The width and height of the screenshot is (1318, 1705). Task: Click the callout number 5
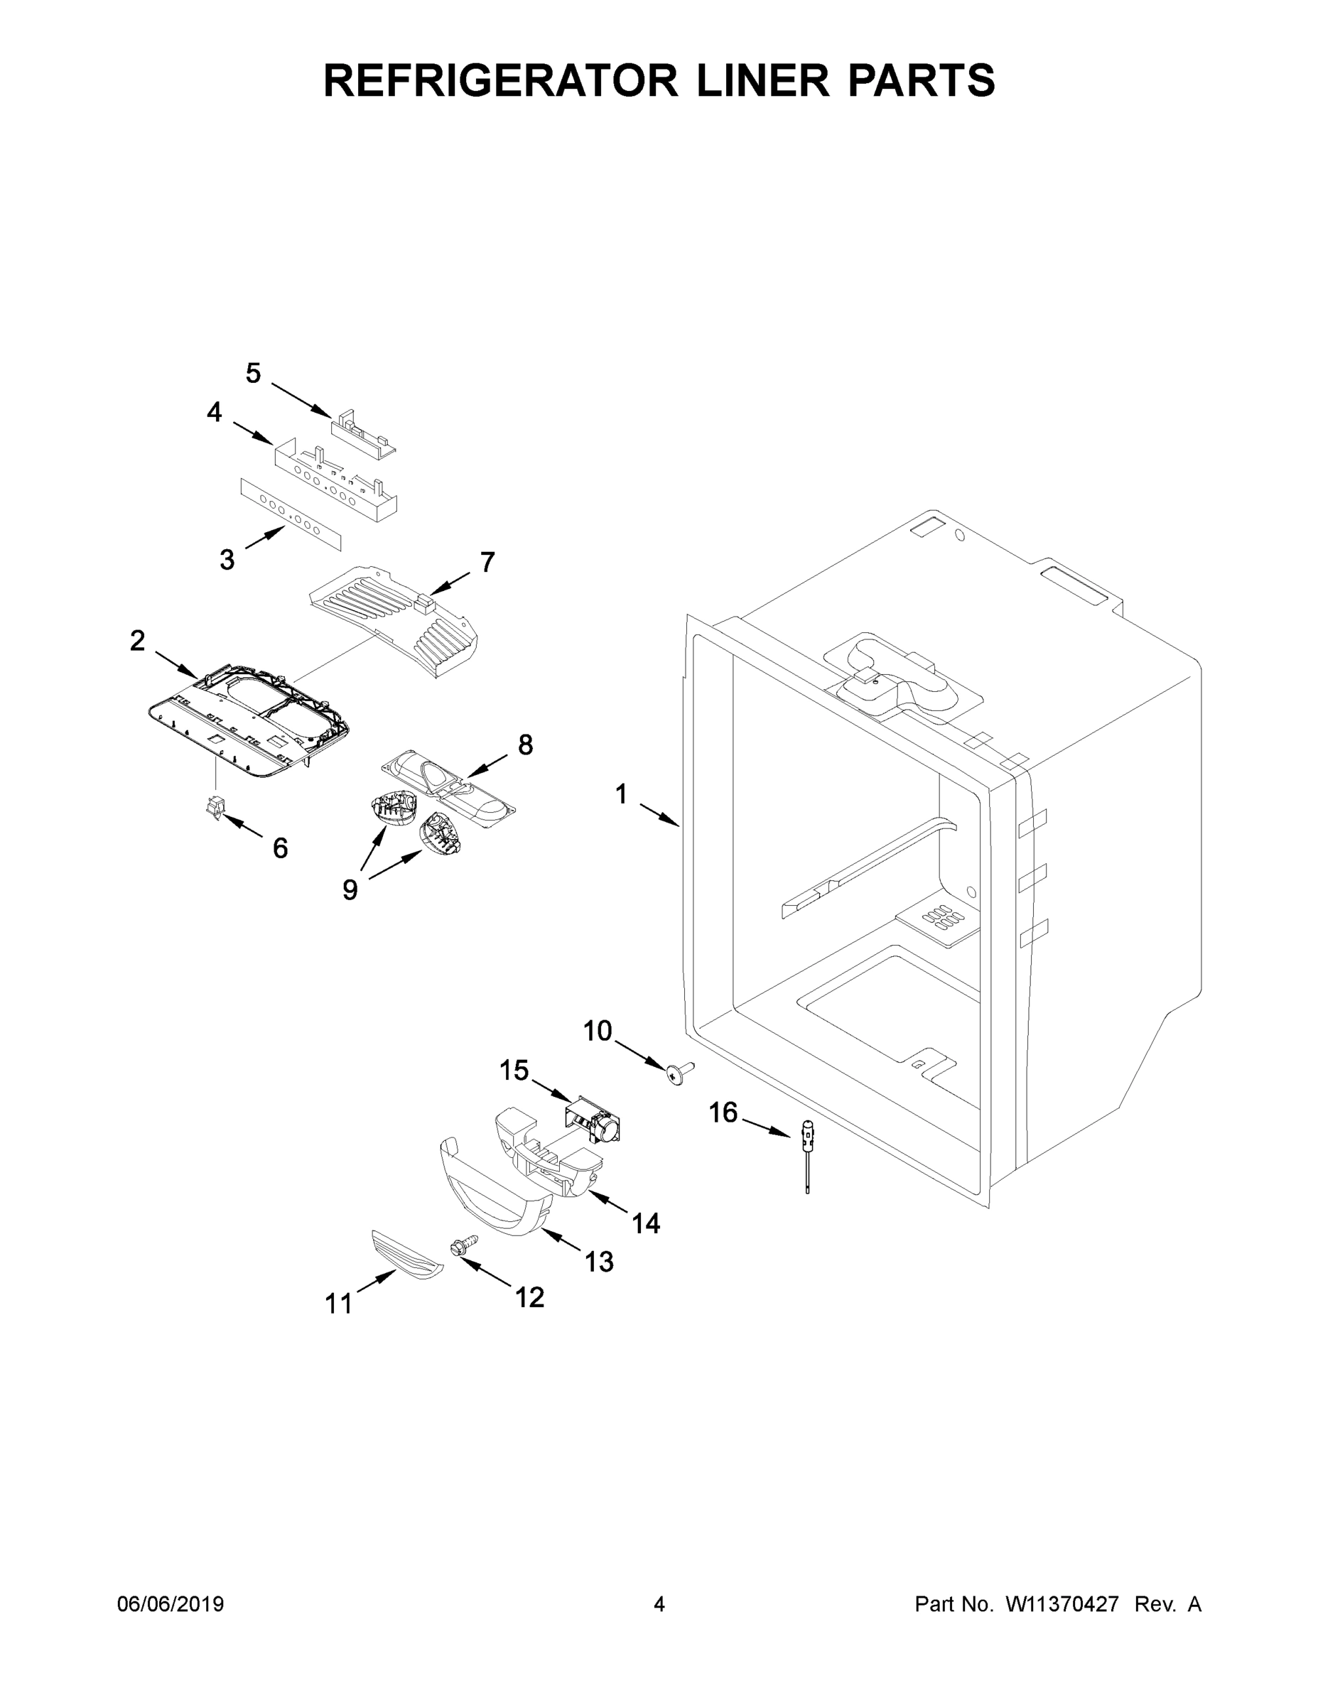pyautogui.click(x=253, y=374)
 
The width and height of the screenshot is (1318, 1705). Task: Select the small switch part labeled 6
pyautogui.click(x=214, y=807)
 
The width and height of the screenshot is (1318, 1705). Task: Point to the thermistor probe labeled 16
pyautogui.click(x=806, y=1154)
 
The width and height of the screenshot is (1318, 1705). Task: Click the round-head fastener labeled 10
pyautogui.click(x=678, y=1073)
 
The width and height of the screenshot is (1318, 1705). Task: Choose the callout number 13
pyautogui.click(x=599, y=1262)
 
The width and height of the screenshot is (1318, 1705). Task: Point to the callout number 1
pyautogui.click(x=621, y=796)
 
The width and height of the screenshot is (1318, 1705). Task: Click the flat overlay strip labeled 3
pyautogui.click(x=291, y=507)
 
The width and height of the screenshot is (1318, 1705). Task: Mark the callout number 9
pyautogui.click(x=350, y=889)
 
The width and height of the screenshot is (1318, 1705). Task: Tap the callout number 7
pyautogui.click(x=487, y=562)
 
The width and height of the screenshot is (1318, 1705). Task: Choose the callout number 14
pyautogui.click(x=646, y=1223)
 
